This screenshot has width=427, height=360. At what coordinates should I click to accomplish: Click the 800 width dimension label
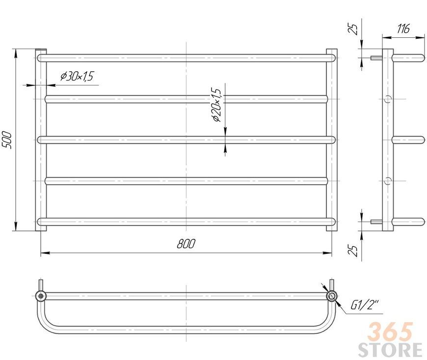click(x=187, y=244)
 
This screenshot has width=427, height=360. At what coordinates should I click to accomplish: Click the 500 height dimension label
click(x=6, y=140)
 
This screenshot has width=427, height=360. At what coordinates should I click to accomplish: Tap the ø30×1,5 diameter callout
click(x=77, y=76)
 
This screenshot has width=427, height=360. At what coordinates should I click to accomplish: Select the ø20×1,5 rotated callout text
click(x=217, y=105)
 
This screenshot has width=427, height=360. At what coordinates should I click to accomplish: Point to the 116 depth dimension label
click(x=403, y=28)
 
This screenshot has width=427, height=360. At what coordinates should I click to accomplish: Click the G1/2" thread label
click(x=364, y=305)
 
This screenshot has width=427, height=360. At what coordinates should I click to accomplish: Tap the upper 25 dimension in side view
click(x=353, y=29)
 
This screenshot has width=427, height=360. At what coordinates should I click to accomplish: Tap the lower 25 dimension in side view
click(x=353, y=250)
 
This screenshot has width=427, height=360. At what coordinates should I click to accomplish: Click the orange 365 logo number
click(x=390, y=332)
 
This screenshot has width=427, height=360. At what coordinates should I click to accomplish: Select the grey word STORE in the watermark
click(x=390, y=350)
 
